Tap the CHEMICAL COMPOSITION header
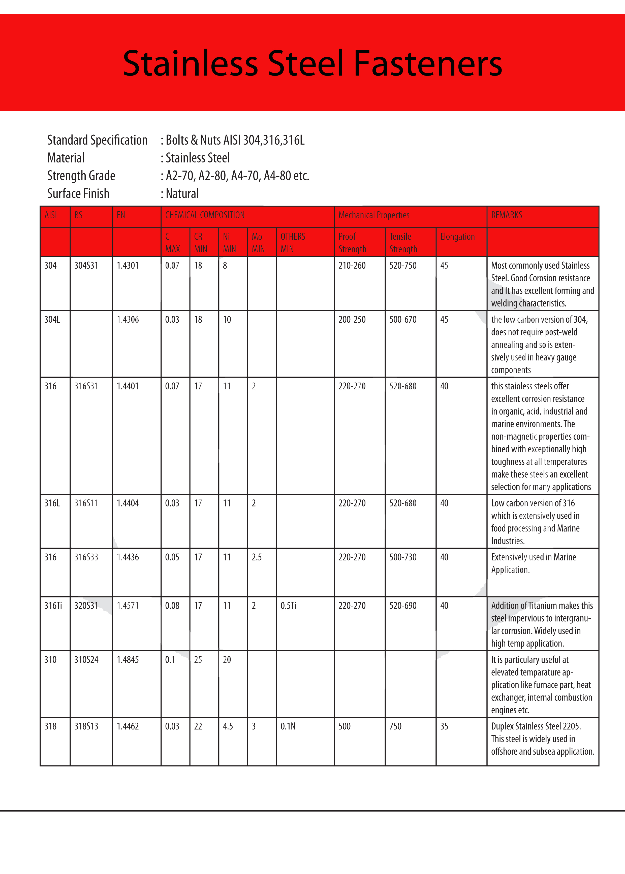click(x=205, y=215)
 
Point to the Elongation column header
click(x=457, y=237)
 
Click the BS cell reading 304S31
click(x=86, y=265)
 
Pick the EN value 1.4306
click(x=128, y=319)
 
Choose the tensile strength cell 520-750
click(x=402, y=265)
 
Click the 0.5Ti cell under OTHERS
click(x=288, y=606)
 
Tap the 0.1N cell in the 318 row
click(x=288, y=726)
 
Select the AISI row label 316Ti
click(x=53, y=606)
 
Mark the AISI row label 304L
click(x=52, y=319)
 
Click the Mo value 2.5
click(x=257, y=557)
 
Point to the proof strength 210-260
click(x=352, y=265)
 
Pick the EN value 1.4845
click(x=128, y=660)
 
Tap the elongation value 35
click(x=444, y=726)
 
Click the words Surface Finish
click(x=78, y=193)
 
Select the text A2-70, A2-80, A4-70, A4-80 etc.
click(x=237, y=176)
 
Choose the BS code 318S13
click(x=86, y=726)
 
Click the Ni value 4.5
click(x=228, y=726)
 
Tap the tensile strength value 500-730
click(x=402, y=557)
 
